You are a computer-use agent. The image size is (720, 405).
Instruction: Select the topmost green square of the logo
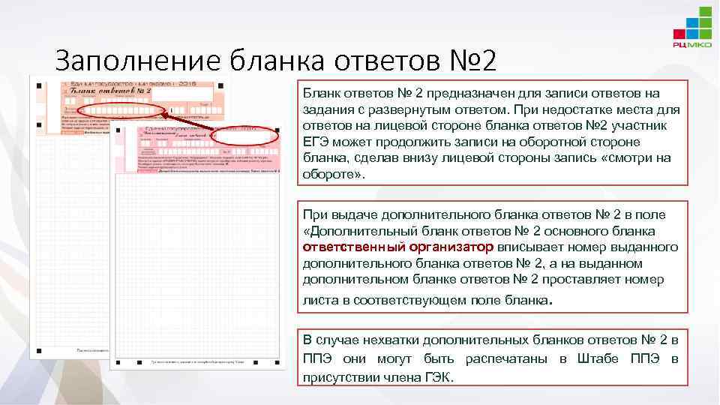pos(705,10)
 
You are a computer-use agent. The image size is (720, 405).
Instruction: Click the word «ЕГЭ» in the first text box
pos(316,142)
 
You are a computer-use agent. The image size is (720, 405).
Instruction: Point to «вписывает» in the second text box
pos(526,247)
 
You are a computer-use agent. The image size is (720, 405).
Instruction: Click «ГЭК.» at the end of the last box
pos(439,376)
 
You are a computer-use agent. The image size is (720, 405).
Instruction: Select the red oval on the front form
pos(244,137)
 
